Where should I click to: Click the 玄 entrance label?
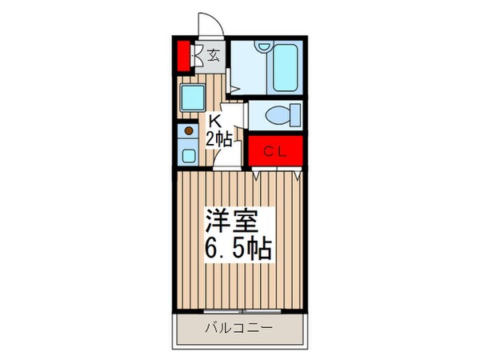click(214, 55)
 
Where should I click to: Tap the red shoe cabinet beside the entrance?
click(183, 56)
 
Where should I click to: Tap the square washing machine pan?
click(193, 100)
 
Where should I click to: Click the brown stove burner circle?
click(190, 130)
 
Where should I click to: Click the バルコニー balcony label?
click(239, 328)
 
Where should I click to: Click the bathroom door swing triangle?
click(234, 88)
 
